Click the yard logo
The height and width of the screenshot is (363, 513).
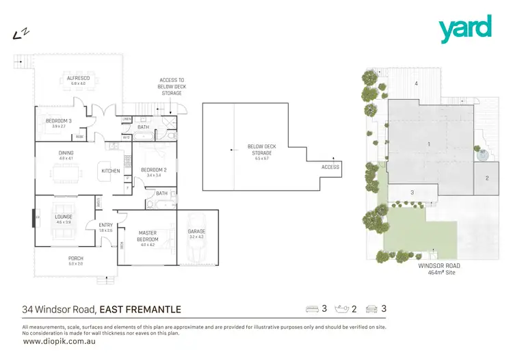pos(465,29)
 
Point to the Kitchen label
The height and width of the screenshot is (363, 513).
pos(110,171)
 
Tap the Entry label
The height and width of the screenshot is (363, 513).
pos(106,226)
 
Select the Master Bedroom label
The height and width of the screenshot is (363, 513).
pos(148,236)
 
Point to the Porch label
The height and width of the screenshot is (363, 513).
pos(75,258)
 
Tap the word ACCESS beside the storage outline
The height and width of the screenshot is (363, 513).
pos(330,167)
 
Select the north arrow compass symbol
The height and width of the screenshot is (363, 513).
pos(20,33)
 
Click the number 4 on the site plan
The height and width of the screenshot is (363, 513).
pos(415,83)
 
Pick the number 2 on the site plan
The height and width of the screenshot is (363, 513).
pos(487,178)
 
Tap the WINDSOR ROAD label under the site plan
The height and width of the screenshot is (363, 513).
pos(440,265)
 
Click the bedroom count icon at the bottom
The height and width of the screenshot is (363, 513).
pos(313,310)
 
